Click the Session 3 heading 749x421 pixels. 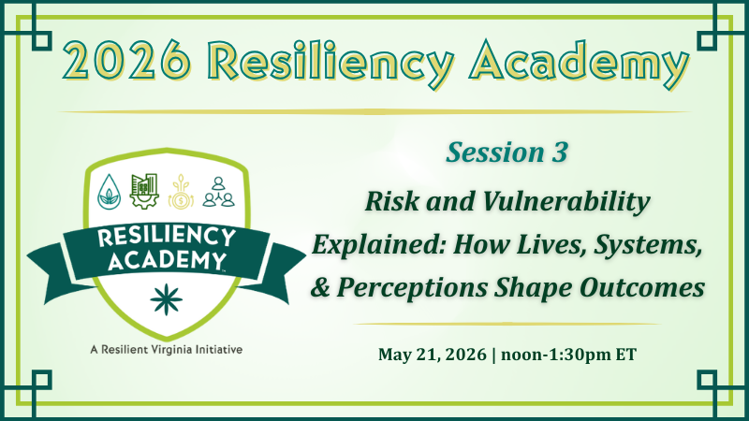[x=507, y=152]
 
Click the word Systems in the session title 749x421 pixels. [x=653, y=245]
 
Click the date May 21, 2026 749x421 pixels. [x=431, y=354]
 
